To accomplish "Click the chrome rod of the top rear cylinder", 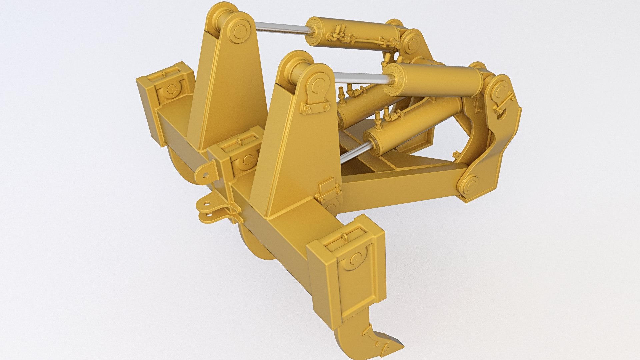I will tap(280, 28).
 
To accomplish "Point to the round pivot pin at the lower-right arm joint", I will tap(469, 184).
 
